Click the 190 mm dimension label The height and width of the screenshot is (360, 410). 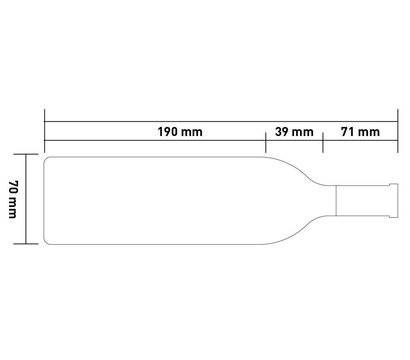[x=180, y=132]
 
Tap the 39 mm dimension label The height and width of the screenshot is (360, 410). [x=294, y=132]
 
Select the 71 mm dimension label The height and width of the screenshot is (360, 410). [x=360, y=132]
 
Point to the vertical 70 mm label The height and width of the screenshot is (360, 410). [x=13, y=199]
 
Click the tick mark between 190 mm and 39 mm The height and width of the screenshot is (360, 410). [x=265, y=142]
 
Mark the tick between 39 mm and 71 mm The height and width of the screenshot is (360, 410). [x=323, y=142]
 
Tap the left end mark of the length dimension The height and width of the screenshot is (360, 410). [x=45, y=131]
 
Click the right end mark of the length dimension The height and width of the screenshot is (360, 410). [x=398, y=131]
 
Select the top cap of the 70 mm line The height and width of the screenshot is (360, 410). [x=26, y=154]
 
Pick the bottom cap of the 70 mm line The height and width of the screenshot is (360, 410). [x=26, y=244]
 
